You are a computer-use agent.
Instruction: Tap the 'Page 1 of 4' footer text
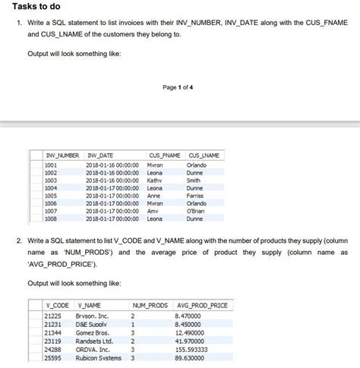point(180,86)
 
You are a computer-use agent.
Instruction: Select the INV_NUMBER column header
point(62,156)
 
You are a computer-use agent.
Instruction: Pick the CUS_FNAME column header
point(164,156)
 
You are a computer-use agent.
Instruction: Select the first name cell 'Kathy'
point(156,181)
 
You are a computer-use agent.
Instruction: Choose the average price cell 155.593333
point(193,351)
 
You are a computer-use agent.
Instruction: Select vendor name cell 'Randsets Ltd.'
point(95,341)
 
